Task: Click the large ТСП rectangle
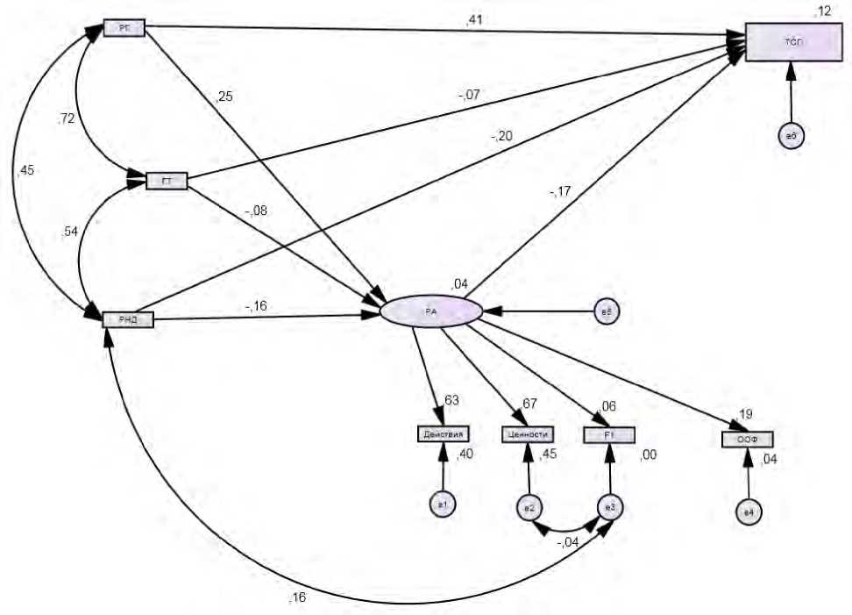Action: pos(791,42)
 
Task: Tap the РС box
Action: pos(124,28)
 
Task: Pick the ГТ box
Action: pos(167,182)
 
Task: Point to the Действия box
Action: pos(444,433)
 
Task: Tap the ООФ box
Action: pos(747,440)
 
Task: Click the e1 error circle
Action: pos(443,504)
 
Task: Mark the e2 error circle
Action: pos(528,508)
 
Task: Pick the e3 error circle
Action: pos(610,508)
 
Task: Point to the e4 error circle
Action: pos(748,514)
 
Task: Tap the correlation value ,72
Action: pos(65,117)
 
